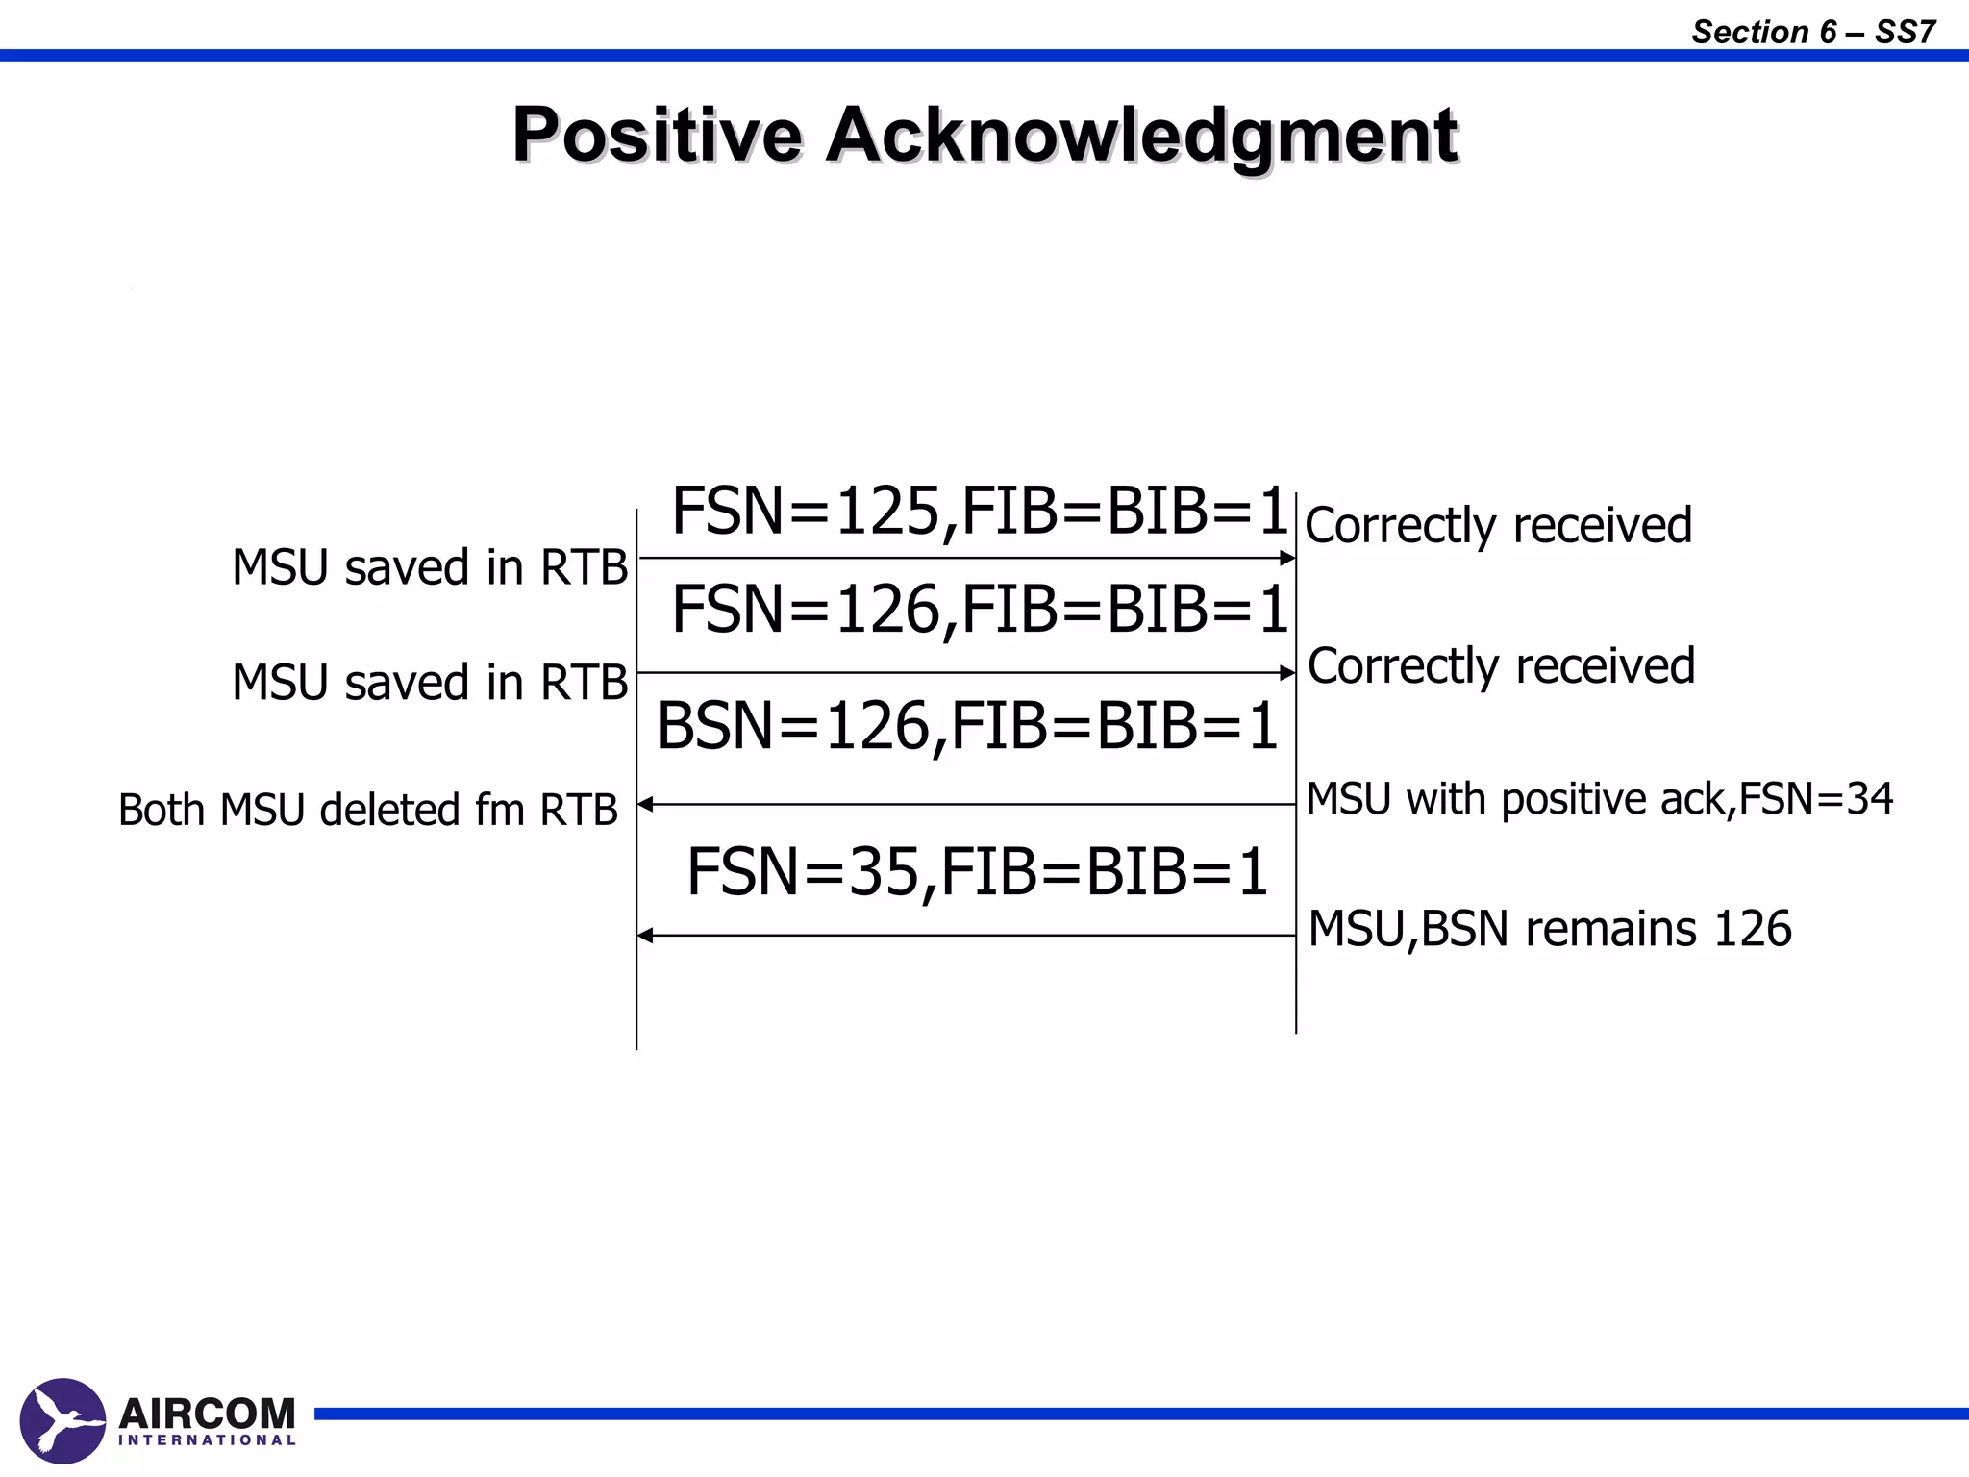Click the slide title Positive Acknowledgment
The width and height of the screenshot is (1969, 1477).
(x=984, y=135)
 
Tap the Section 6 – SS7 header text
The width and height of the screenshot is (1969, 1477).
(x=1812, y=32)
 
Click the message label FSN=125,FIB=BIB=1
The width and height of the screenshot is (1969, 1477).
(x=979, y=511)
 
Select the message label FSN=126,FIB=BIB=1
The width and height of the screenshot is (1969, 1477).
(x=979, y=610)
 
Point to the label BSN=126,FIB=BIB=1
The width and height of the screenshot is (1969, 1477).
(x=966, y=726)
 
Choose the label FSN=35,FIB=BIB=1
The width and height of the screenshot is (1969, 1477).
(x=977, y=872)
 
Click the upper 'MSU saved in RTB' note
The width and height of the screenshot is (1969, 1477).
(x=430, y=567)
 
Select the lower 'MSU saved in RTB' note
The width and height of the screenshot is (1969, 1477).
(x=430, y=683)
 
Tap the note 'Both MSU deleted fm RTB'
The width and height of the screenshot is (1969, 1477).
(x=367, y=810)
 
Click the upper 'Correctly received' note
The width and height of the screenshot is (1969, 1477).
(x=1498, y=526)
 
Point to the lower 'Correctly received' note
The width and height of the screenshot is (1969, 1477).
(x=1501, y=666)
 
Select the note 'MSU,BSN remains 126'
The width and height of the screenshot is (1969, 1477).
(x=1550, y=929)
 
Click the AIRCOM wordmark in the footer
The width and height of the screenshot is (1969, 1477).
(x=207, y=1414)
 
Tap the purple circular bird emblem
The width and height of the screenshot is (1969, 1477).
(x=62, y=1420)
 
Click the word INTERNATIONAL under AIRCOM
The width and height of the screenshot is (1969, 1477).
(x=207, y=1440)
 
